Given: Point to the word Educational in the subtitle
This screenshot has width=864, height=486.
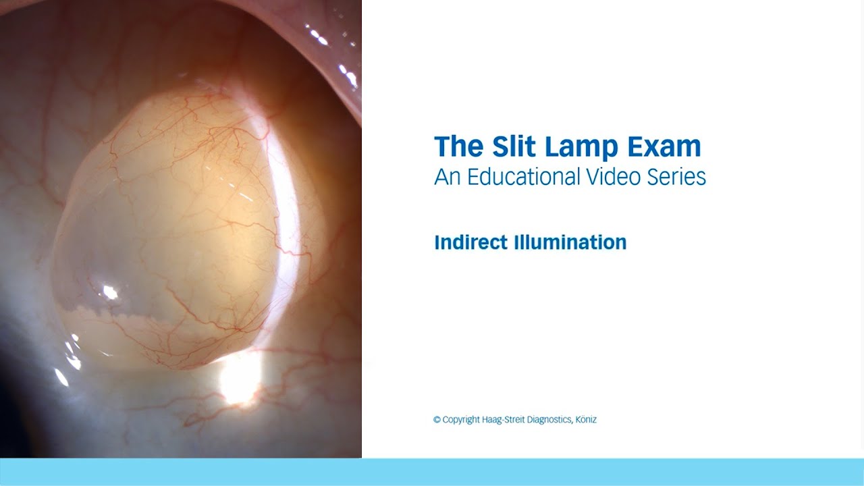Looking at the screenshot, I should point(520,177).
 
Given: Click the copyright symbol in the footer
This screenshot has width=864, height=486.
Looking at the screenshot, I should point(437,420).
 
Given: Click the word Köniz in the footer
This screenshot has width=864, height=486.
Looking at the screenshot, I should point(587,420).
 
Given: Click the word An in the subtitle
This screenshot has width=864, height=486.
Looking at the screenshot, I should point(443,177).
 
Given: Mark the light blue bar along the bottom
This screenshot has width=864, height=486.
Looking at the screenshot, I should point(432,472).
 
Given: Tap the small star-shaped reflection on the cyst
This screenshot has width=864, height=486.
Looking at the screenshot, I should point(109,292).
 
